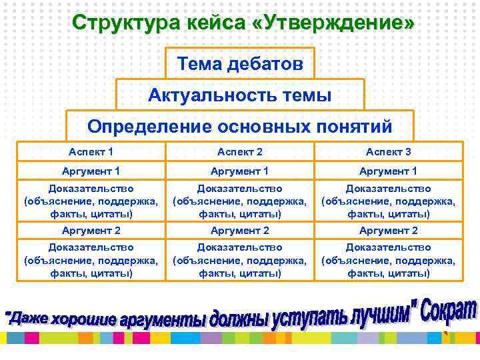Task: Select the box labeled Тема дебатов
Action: (x=240, y=64)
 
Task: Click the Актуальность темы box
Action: (x=240, y=95)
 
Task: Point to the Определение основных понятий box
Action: (x=240, y=126)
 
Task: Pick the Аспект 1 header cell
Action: (x=91, y=152)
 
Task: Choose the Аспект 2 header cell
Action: (x=240, y=152)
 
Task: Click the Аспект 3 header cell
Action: (x=389, y=152)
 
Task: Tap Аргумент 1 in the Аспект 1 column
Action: (x=91, y=171)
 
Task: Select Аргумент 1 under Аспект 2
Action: (x=240, y=171)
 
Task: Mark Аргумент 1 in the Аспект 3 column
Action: (x=389, y=171)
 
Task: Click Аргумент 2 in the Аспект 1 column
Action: (x=91, y=230)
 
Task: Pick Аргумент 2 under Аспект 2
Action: (x=240, y=230)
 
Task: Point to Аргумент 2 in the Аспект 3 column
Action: (x=389, y=230)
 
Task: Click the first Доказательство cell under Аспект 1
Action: (x=91, y=201)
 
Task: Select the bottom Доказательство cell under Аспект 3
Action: (x=389, y=260)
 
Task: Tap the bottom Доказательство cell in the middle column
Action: (x=240, y=260)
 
